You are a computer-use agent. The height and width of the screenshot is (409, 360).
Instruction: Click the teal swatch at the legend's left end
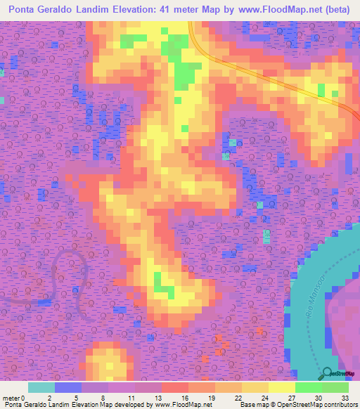[x=41, y=387]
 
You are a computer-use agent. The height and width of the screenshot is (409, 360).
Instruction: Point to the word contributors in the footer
[x=340, y=405]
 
